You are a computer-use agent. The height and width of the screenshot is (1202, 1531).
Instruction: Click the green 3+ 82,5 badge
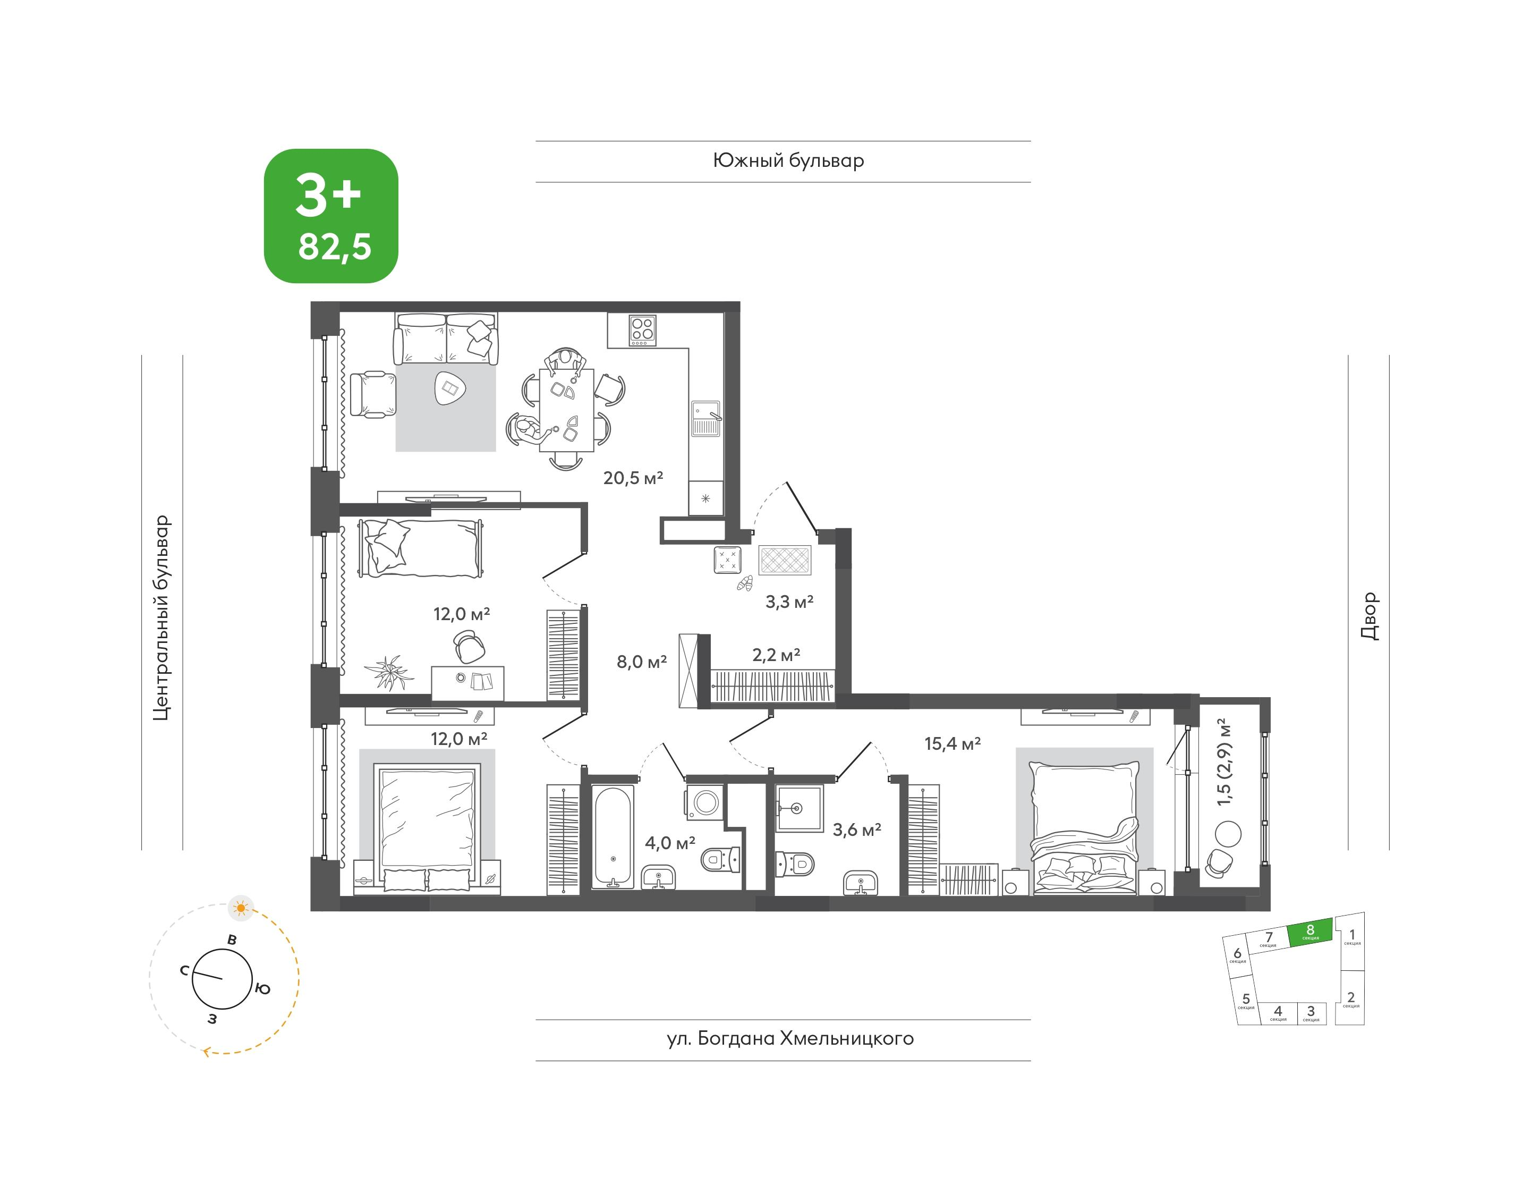tap(330, 216)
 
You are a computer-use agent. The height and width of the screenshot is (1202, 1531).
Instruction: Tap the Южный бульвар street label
tap(788, 161)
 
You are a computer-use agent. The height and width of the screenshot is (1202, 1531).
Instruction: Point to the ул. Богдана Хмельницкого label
tap(790, 1039)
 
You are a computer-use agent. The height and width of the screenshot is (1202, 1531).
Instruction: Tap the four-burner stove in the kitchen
tap(642, 330)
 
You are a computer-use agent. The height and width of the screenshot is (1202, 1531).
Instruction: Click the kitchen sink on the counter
tap(705, 418)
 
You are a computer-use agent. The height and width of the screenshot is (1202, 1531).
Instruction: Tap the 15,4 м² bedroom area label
tap(952, 743)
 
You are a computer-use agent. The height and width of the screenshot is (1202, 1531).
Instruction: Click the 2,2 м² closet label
tap(776, 655)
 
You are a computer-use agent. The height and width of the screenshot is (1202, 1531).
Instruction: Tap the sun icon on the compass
tap(241, 909)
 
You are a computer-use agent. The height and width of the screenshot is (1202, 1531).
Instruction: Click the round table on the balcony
tap(1228, 834)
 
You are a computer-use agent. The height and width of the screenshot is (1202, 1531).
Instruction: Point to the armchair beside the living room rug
tap(372, 395)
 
